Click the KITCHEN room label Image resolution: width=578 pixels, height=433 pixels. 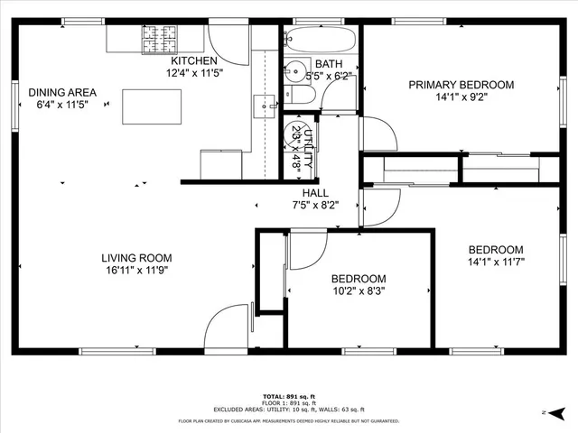(191, 60)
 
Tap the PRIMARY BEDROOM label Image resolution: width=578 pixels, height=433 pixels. (461, 85)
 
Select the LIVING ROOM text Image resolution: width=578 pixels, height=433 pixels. (135, 257)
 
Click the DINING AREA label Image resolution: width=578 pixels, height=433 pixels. (62, 92)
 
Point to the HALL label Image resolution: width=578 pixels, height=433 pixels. (315, 192)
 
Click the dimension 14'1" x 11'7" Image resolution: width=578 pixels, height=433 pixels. (495, 262)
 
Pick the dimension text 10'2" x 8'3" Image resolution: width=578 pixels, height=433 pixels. (359, 291)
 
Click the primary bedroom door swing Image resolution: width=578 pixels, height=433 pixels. (378, 135)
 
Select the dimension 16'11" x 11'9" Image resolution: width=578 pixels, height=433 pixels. (135, 269)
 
